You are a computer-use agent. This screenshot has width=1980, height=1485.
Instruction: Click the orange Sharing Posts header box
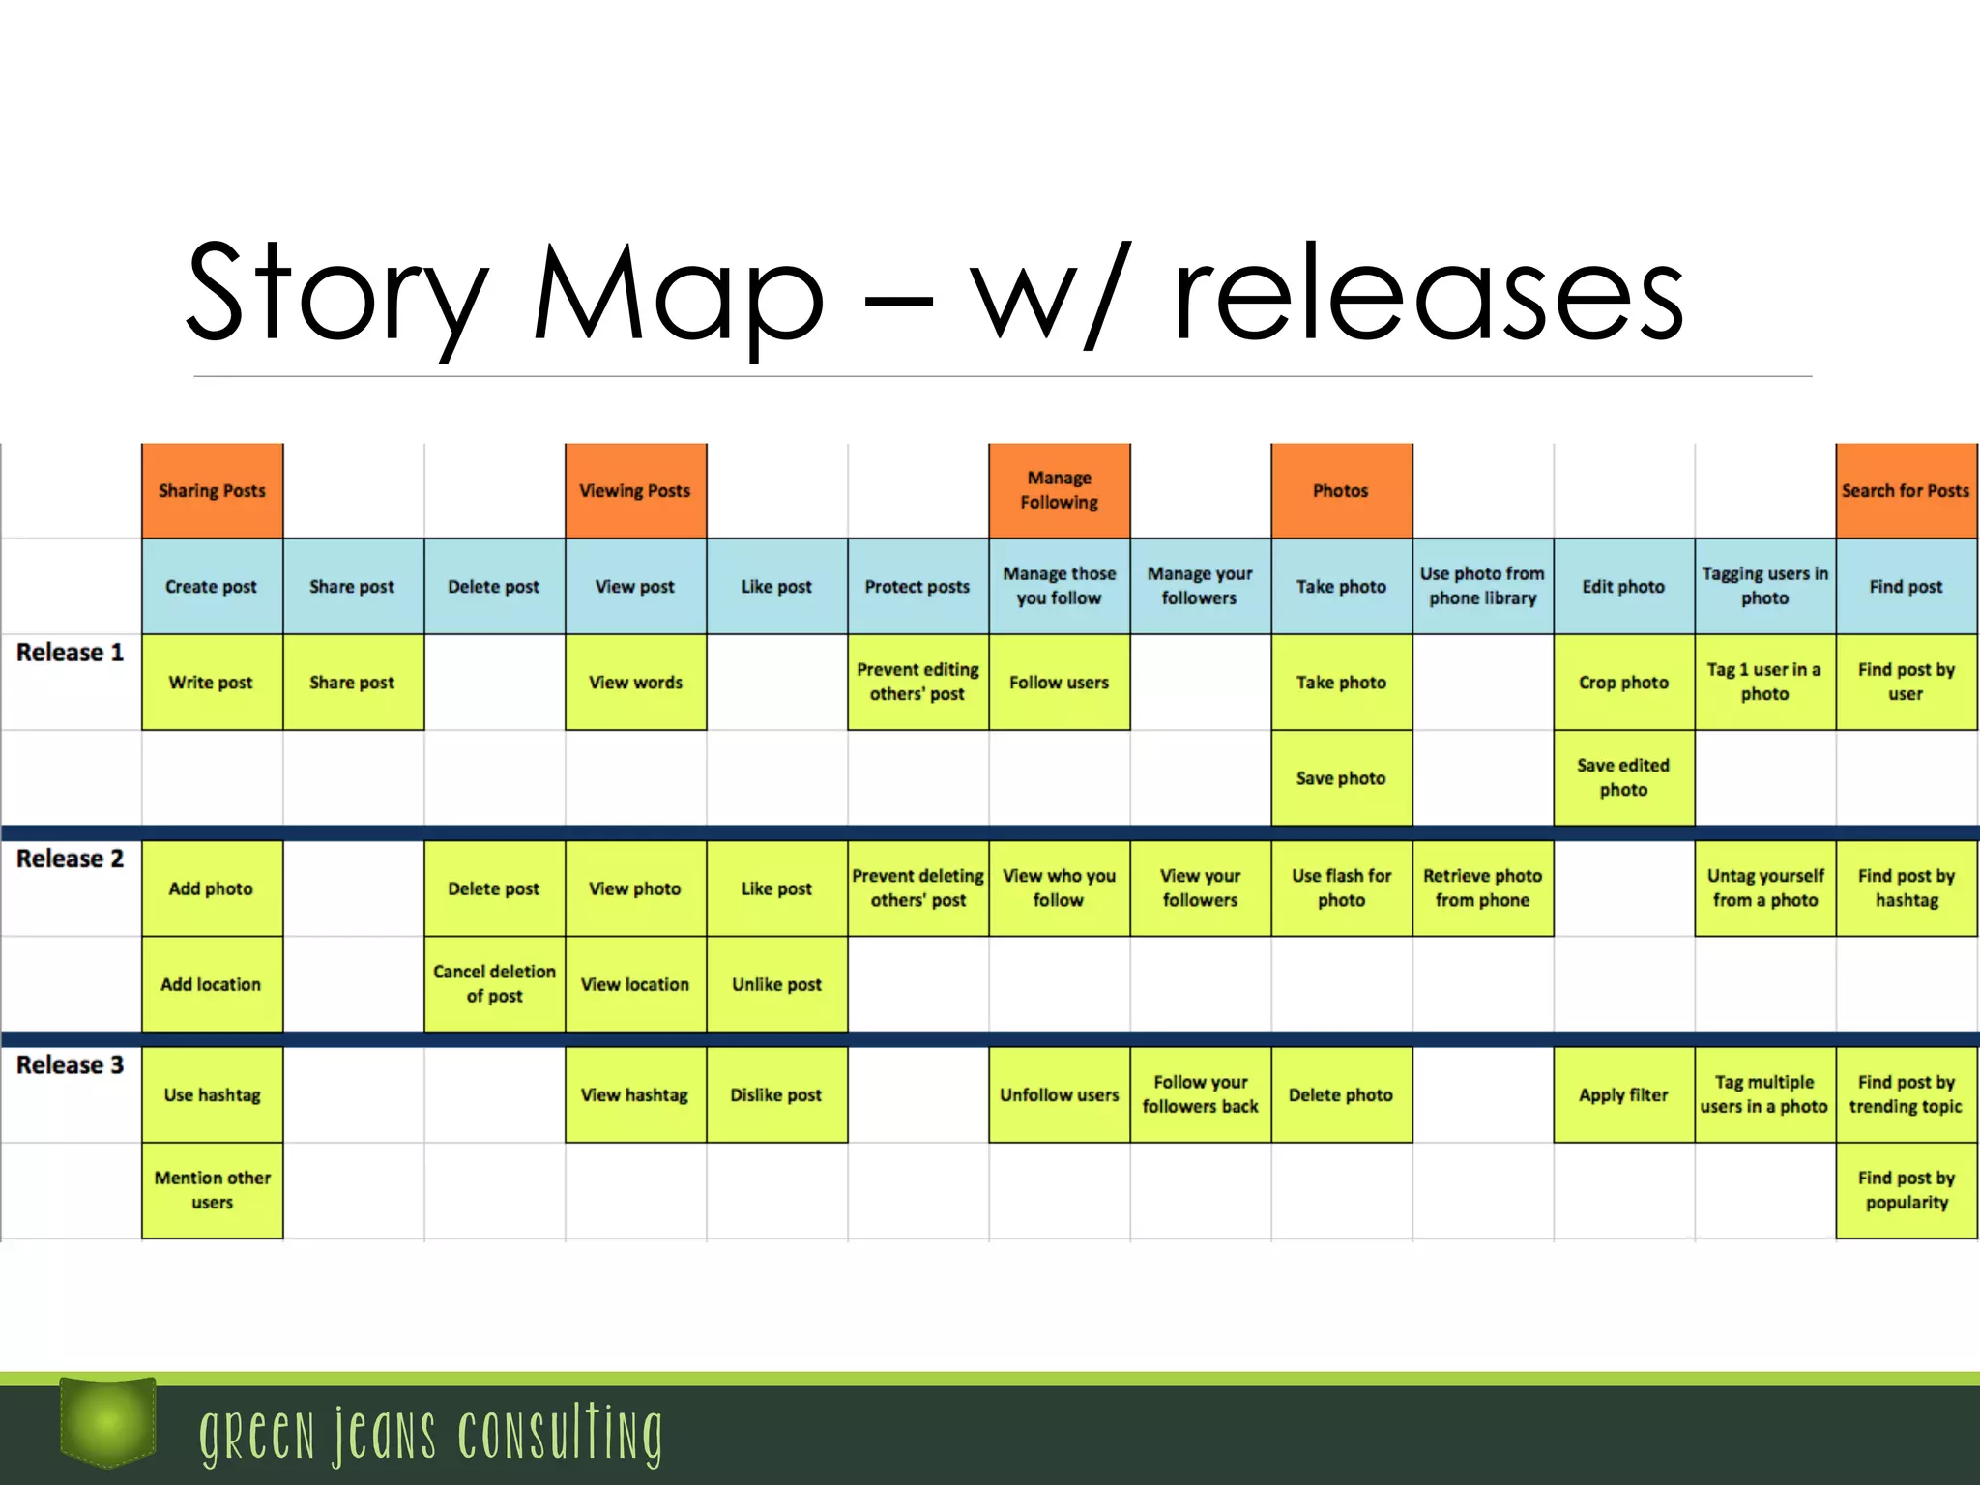click(x=212, y=490)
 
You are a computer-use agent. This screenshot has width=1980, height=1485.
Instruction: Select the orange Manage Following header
click(x=1059, y=490)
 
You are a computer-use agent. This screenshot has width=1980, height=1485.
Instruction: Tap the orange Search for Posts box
click(x=1906, y=490)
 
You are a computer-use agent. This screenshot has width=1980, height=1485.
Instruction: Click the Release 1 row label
click(x=70, y=653)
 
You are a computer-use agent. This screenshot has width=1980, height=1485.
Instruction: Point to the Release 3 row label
click(x=70, y=1065)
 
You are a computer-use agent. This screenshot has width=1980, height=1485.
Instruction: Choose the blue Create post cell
click(x=212, y=586)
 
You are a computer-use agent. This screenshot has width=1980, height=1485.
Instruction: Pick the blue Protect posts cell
click(x=917, y=586)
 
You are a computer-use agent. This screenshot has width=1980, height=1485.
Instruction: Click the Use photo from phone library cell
click(x=1482, y=586)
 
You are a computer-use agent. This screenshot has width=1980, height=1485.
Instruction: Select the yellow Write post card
click(x=212, y=682)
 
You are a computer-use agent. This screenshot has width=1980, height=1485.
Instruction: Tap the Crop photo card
click(x=1623, y=682)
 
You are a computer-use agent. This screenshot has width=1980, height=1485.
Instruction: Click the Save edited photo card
click(x=1623, y=777)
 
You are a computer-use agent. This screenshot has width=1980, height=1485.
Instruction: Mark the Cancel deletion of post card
click(x=494, y=983)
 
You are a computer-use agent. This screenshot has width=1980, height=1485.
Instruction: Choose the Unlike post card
click(x=776, y=983)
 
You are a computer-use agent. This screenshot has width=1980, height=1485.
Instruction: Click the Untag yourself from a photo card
click(x=1764, y=888)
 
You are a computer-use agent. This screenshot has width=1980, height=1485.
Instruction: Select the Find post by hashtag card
click(x=1906, y=888)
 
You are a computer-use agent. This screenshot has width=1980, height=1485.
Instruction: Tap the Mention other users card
click(x=212, y=1190)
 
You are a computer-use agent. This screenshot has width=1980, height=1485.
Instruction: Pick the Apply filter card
click(x=1623, y=1094)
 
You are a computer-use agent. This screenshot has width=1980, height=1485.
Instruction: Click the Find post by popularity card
click(x=1906, y=1190)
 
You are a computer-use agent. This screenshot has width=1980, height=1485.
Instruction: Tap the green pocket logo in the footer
click(x=107, y=1421)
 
